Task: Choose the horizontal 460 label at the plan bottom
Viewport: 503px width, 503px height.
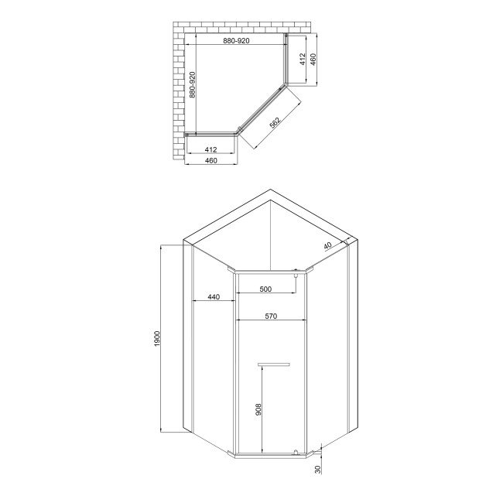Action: [x=210, y=160]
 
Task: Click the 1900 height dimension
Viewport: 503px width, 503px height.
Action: [x=157, y=338]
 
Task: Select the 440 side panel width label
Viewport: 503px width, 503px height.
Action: [x=214, y=298]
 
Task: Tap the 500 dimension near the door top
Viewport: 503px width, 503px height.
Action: [x=265, y=289]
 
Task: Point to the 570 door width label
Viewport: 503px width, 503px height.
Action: [x=271, y=316]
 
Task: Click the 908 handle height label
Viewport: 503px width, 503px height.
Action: [x=258, y=410]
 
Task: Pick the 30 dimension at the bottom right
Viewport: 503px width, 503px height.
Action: [x=317, y=470]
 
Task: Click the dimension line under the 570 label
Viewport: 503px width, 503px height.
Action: [x=271, y=321]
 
